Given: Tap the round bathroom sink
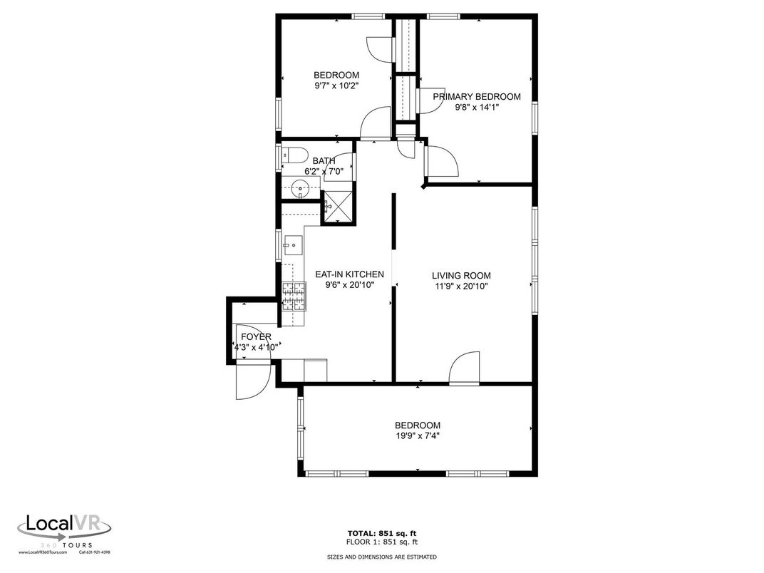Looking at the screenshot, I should [x=301, y=189].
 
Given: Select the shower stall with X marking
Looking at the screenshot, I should [x=339, y=207].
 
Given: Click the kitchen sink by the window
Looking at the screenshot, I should [x=292, y=245].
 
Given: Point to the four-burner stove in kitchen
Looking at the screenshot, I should [x=293, y=296].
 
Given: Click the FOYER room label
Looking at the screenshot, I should [x=256, y=337].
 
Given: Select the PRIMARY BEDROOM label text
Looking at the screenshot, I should [x=476, y=97].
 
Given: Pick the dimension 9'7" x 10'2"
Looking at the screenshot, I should [x=336, y=86].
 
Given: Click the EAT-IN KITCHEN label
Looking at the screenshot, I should [x=349, y=274].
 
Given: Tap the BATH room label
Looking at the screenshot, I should [x=324, y=161].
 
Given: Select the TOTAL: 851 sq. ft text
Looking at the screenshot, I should [x=382, y=533].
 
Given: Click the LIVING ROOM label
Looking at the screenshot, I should [x=461, y=276].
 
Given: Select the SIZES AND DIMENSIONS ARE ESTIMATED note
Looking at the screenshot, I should [x=382, y=557].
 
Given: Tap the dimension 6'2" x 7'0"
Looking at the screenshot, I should [x=324, y=171].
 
